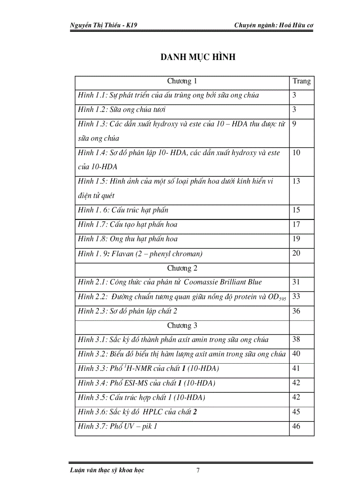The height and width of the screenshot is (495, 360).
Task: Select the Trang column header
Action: point(301,81)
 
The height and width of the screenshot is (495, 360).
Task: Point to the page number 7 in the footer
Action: point(198,470)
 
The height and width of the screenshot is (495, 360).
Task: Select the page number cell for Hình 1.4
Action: point(296,153)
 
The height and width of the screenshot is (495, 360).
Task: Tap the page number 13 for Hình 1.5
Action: point(296,182)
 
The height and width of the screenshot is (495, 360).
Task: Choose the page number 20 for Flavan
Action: point(296,253)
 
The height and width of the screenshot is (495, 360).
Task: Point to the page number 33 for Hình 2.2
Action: point(296,297)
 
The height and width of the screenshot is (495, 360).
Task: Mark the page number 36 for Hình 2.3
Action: point(296,311)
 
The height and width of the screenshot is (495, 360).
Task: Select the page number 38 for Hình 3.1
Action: point(296,340)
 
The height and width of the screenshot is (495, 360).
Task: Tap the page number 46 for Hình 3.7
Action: point(296,426)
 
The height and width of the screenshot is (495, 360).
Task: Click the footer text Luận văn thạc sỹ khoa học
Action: point(107,470)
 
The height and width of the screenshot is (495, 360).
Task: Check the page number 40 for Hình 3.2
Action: point(296,354)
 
